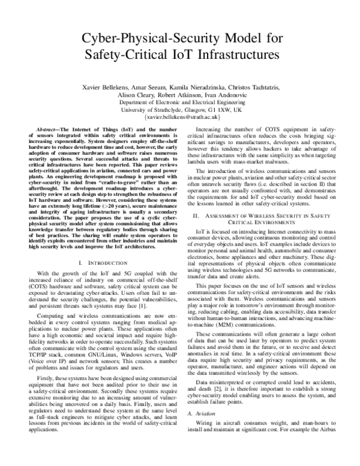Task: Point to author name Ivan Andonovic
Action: pyautogui.click(x=238, y=95)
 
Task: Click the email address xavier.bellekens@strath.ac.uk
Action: pyautogui.click(x=180, y=118)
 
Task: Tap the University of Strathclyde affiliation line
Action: pyautogui.click(x=180, y=110)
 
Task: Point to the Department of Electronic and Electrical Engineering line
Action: pyautogui.click(x=180, y=103)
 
